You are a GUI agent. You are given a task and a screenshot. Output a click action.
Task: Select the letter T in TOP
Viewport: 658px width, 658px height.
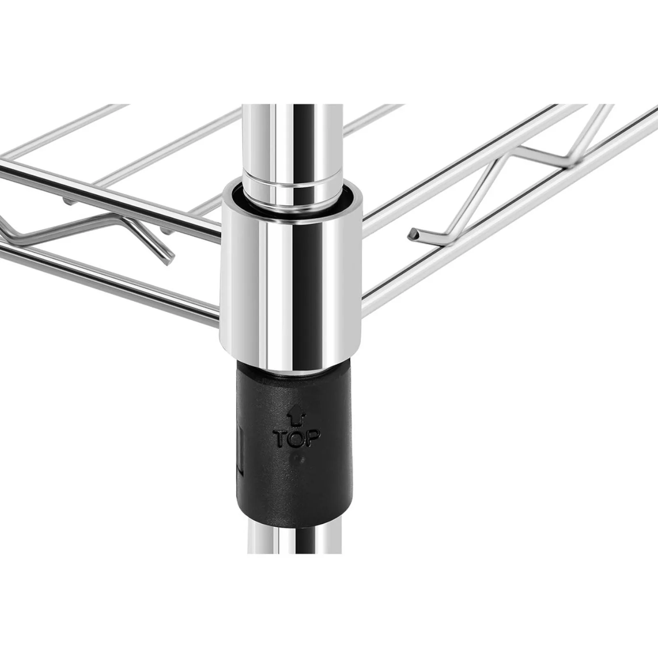tap(282, 439)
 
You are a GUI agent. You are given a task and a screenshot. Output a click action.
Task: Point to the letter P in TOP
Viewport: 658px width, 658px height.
tap(313, 438)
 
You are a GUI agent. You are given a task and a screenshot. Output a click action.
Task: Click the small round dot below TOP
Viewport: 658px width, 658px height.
tap(301, 459)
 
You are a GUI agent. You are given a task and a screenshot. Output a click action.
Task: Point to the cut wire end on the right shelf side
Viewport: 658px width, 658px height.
tap(412, 235)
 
